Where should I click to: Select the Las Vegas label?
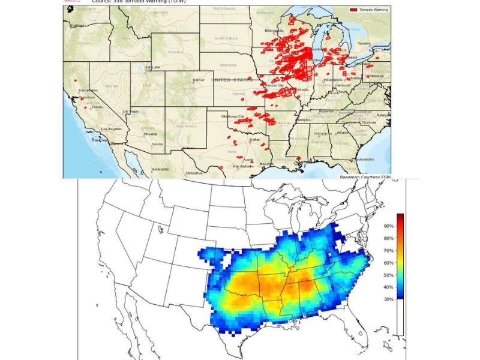[x=131, y=112]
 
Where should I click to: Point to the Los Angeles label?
[x=112, y=130]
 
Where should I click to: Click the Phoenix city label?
[x=151, y=134]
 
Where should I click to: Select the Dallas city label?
[x=255, y=139]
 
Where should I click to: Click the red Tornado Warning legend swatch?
[x=353, y=10]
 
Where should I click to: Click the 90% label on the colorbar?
[x=388, y=226]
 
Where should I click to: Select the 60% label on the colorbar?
[x=388, y=263]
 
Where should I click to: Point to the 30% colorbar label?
[x=388, y=299]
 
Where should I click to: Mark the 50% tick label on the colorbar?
[x=388, y=275]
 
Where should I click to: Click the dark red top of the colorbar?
[x=400, y=215]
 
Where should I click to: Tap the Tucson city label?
[x=157, y=144]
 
